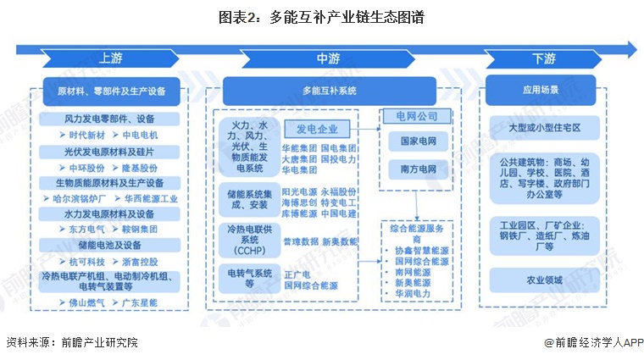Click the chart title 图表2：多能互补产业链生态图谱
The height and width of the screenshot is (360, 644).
pyautogui.click(x=321, y=15)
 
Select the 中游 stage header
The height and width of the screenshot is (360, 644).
pyautogui.click(x=329, y=58)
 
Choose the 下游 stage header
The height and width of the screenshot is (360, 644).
pyautogui.click(x=544, y=58)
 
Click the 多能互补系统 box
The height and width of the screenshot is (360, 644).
pyautogui.click(x=330, y=90)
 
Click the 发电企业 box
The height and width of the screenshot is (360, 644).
pyautogui.click(x=317, y=129)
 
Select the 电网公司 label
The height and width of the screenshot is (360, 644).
pyautogui.click(x=411, y=115)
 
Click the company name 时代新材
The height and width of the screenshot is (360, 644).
pyautogui.click(x=86, y=135)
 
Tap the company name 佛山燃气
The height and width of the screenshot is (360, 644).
pyautogui.click(x=86, y=302)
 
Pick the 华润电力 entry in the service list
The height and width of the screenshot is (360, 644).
pyautogui.click(x=411, y=293)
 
